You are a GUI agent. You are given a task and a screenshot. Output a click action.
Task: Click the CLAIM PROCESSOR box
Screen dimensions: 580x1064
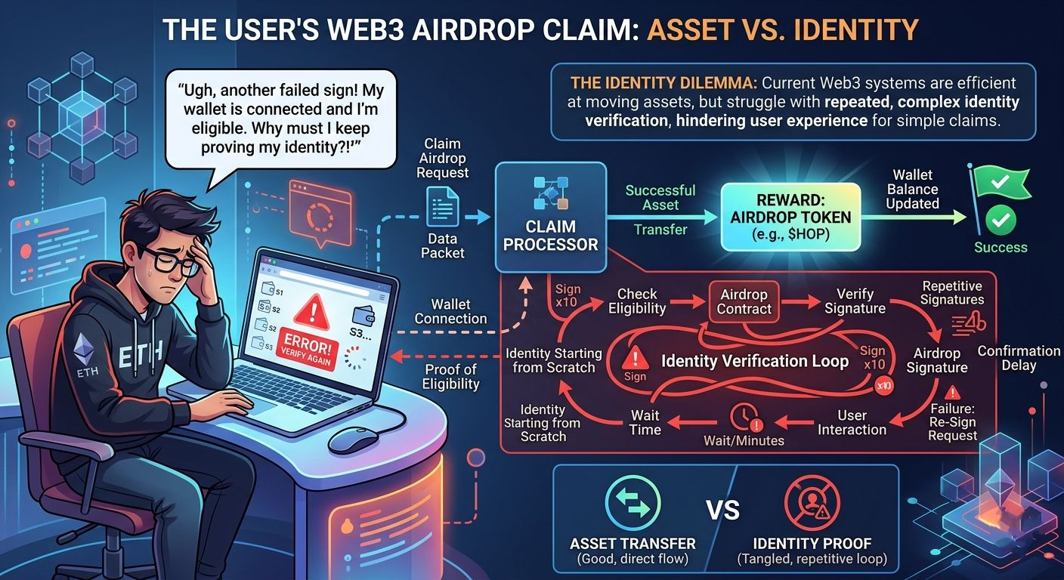(550, 217)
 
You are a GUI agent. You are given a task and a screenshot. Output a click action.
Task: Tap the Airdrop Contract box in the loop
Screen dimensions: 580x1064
(744, 302)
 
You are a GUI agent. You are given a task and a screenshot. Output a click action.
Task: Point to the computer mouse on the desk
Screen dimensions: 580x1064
(353, 437)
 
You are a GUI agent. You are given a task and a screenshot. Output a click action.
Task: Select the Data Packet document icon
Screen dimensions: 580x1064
(442, 205)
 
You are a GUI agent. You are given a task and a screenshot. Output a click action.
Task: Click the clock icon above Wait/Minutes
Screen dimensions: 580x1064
(744, 418)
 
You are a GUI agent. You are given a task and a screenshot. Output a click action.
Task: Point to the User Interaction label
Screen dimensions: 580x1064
(852, 422)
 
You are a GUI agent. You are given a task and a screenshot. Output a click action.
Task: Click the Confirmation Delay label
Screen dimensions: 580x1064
(1019, 358)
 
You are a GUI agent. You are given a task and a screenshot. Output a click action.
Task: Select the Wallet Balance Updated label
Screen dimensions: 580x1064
(913, 189)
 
